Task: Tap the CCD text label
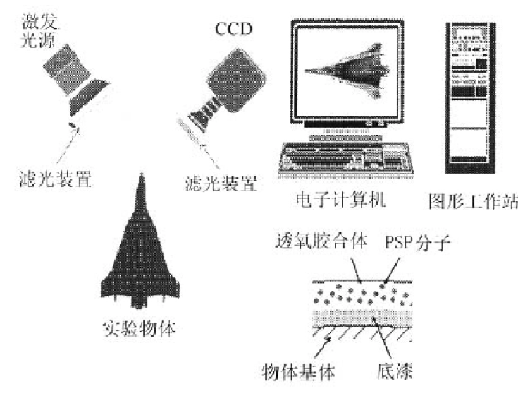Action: [234, 29]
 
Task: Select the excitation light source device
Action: [77, 79]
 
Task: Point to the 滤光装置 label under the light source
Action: [55, 179]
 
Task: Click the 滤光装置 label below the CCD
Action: [221, 184]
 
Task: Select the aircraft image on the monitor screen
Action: [347, 71]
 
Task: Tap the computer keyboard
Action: [345, 159]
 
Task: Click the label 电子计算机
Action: [341, 200]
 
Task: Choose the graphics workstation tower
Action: [471, 98]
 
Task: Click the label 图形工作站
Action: [473, 201]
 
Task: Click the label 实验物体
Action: [139, 328]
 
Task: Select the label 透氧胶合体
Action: [321, 241]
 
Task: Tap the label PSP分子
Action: [417, 243]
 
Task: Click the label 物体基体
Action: [298, 372]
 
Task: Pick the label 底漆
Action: [395, 371]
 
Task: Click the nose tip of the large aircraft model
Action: [142, 174]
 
